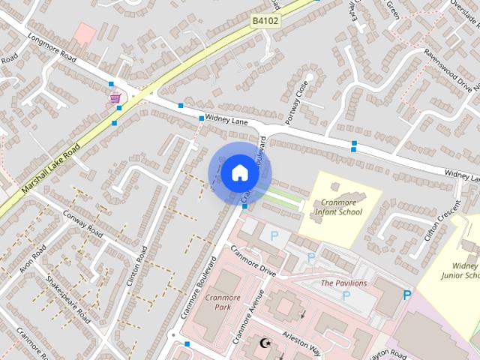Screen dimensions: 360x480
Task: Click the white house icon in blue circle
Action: [239, 172]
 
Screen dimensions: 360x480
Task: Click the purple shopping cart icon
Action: [115, 97]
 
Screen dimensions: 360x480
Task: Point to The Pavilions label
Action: [343, 283]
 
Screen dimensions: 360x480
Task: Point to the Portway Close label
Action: [295, 103]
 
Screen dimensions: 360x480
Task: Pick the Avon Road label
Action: [33, 259]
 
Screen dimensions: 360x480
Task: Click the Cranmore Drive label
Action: [253, 260]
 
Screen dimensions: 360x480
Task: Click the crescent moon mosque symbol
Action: [264, 343]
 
